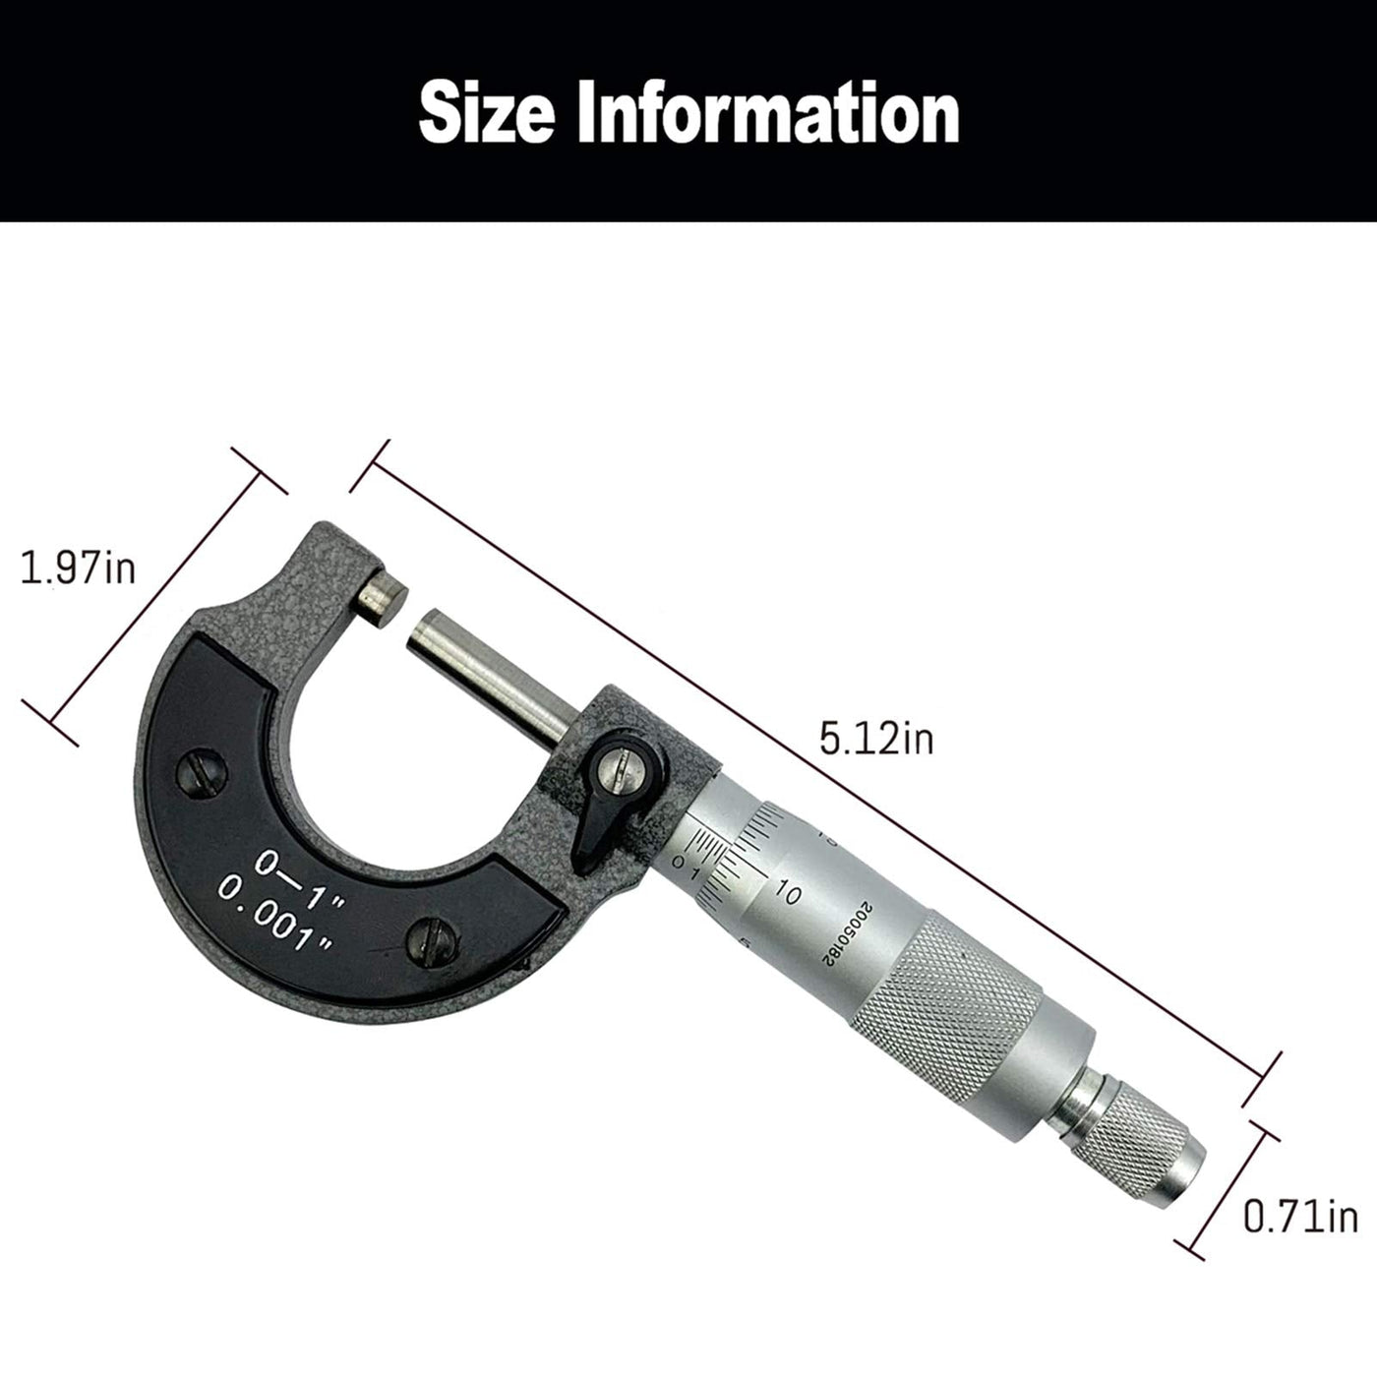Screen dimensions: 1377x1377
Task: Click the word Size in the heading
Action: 487,112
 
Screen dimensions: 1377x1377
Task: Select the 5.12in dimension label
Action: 876,738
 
